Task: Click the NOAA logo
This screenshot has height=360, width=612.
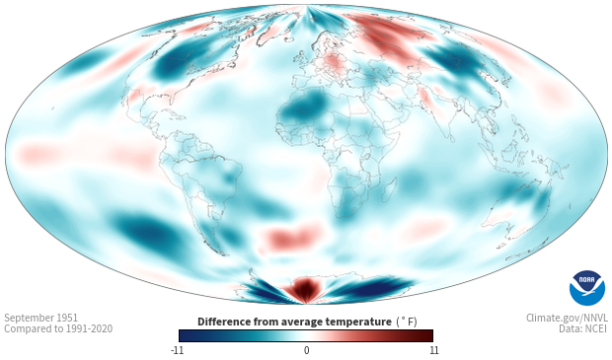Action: (x=587, y=288)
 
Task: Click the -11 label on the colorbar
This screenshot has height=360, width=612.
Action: (x=177, y=350)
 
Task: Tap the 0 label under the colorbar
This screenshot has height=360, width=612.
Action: (x=306, y=350)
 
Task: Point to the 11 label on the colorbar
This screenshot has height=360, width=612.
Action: (x=433, y=350)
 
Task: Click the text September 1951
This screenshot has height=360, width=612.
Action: (x=41, y=318)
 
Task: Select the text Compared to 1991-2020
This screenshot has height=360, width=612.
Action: (x=58, y=328)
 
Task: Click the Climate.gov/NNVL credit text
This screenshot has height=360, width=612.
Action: (x=567, y=318)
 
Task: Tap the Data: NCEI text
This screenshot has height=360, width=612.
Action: (x=583, y=328)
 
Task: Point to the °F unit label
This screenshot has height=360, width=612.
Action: (x=407, y=323)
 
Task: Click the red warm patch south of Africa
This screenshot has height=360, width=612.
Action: (x=292, y=237)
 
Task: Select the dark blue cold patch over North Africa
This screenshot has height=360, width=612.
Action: (x=307, y=105)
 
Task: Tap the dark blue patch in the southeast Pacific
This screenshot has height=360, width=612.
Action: (x=146, y=232)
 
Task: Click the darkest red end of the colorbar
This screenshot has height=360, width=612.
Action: (x=427, y=335)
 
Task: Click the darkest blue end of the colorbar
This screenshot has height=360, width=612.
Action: (x=185, y=335)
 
